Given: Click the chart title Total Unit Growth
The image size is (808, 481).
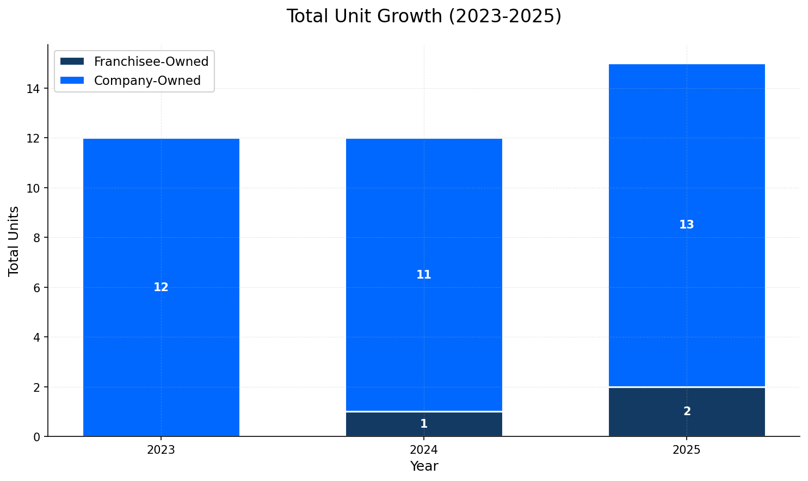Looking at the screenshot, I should (424, 16).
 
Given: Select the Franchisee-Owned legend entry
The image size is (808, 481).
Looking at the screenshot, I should (151, 61).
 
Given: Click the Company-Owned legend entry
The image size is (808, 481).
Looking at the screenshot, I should (147, 81).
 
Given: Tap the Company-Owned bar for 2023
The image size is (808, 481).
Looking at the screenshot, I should (161, 218).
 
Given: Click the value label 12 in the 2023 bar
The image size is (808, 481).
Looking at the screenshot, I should (161, 287).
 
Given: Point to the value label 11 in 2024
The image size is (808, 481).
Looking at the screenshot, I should (424, 275).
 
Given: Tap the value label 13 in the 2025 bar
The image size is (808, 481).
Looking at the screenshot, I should (687, 225).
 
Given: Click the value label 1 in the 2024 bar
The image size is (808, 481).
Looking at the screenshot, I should (424, 424).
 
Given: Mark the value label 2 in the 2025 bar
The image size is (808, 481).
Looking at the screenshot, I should (687, 412).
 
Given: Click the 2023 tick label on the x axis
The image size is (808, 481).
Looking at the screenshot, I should (161, 451).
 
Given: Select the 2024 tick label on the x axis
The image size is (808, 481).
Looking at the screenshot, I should (424, 451).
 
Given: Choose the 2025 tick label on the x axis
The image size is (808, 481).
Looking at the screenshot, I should (687, 451).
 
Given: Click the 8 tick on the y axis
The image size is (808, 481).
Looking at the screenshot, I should (36, 238).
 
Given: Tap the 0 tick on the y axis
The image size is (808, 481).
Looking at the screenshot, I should (36, 437).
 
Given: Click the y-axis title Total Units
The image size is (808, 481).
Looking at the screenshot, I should (14, 240).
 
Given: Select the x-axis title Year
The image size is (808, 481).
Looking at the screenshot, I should (424, 466).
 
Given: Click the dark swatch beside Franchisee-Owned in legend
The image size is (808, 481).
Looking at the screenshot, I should (72, 61).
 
